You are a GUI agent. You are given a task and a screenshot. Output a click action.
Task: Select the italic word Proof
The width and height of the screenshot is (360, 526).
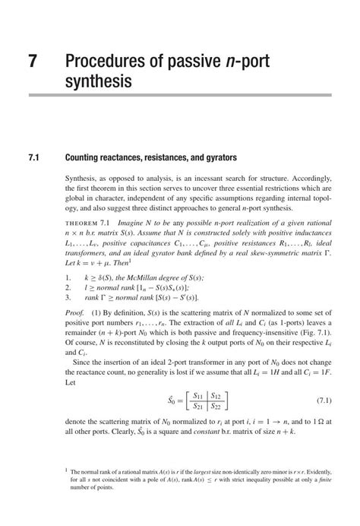pyautogui.click(x=74, y=312)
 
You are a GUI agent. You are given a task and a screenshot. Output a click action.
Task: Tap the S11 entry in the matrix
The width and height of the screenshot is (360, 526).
pyautogui.click(x=197, y=395)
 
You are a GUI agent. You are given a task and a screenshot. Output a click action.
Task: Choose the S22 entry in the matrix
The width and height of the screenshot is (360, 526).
pyautogui.click(x=218, y=407)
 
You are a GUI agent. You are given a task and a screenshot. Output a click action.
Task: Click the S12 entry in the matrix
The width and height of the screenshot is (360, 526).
pyautogui.click(x=218, y=395)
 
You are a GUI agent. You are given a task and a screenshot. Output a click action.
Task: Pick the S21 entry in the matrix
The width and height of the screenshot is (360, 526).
pyautogui.click(x=197, y=407)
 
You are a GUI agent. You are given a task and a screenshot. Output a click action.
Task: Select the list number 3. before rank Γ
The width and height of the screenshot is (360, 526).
pyautogui.click(x=68, y=298)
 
